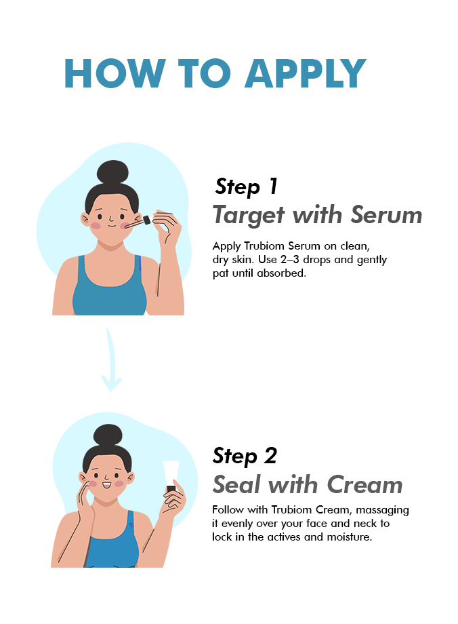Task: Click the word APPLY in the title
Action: click(x=305, y=73)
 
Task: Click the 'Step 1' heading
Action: click(x=246, y=187)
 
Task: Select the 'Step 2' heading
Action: click(x=245, y=456)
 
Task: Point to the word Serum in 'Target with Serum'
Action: click(x=386, y=215)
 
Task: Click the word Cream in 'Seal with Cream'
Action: click(x=365, y=485)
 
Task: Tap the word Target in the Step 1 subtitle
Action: click(x=249, y=216)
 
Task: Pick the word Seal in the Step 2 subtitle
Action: click(x=237, y=485)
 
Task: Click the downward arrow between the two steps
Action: click(x=111, y=360)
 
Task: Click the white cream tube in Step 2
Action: click(x=171, y=477)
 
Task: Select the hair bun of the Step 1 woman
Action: click(x=112, y=172)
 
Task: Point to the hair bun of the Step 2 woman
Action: click(x=108, y=435)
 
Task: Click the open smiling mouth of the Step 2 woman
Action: click(x=106, y=485)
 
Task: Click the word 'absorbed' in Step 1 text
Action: click(x=281, y=273)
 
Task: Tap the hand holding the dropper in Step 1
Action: click(x=167, y=226)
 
